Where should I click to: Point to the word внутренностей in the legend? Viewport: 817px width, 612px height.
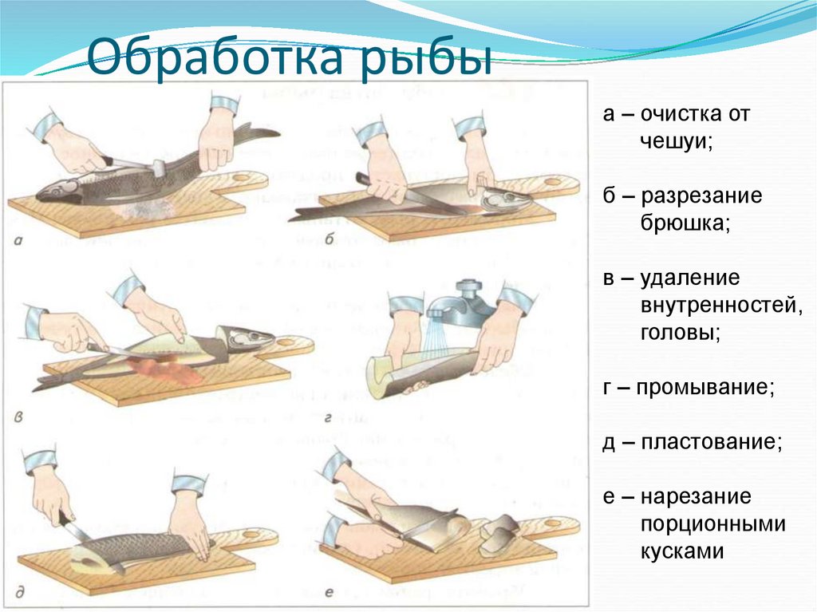720,304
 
